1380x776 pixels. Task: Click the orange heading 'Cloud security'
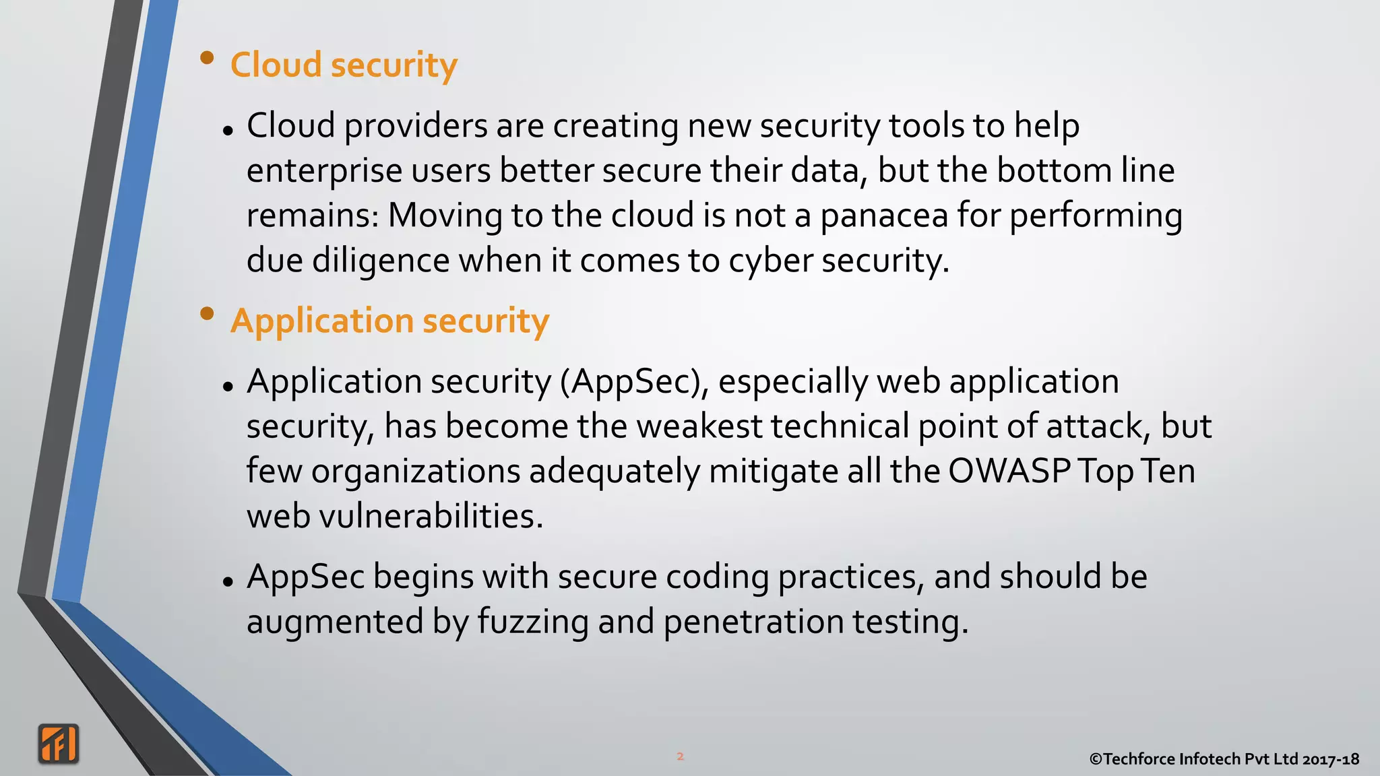coord(344,65)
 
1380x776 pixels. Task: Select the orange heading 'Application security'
coord(389,321)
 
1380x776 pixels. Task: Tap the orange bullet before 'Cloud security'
coord(208,58)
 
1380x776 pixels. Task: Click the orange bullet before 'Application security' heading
coord(208,313)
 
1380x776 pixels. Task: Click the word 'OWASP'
coord(1009,471)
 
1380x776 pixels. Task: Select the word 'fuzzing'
coord(533,621)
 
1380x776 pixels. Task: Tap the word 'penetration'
coord(753,621)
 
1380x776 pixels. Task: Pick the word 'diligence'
coord(381,261)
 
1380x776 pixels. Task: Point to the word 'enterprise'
coord(324,171)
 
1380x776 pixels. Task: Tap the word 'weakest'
coord(699,426)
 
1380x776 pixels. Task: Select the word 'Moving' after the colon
coord(445,216)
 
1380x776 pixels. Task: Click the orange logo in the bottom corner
coord(59,744)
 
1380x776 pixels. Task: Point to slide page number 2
coord(680,756)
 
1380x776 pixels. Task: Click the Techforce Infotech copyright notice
coord(1224,759)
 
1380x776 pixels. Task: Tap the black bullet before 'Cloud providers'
coord(228,131)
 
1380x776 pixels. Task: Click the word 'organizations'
coord(415,471)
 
